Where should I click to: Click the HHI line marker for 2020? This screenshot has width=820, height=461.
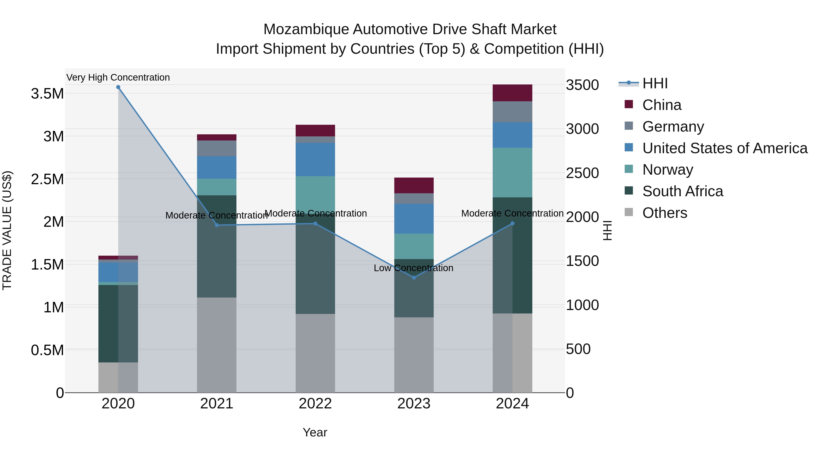tap(118, 87)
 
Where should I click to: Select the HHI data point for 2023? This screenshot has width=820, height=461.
tap(414, 278)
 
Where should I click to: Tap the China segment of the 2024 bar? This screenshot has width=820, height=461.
tap(512, 93)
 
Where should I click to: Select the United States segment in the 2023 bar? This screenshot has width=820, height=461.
tap(414, 219)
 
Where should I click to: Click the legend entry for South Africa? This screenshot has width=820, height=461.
tap(682, 191)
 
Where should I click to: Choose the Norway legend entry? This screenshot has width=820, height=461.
tap(668, 170)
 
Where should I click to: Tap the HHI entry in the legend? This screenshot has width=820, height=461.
tap(655, 83)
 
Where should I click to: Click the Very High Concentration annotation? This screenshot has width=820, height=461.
tap(118, 77)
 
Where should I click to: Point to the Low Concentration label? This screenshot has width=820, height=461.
tap(413, 268)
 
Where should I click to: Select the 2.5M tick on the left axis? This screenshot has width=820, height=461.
tap(47, 179)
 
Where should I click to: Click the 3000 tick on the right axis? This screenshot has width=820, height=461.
tap(582, 129)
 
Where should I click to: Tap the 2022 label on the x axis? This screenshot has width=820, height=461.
tap(315, 404)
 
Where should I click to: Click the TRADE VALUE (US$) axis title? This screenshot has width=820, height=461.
tap(7, 230)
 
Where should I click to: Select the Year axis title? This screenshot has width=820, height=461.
tap(315, 432)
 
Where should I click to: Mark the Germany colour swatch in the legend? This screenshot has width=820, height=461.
tap(629, 126)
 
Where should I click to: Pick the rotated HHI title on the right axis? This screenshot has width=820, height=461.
tap(607, 230)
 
